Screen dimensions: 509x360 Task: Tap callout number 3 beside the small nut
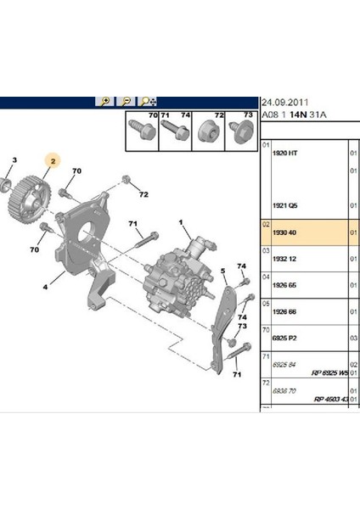(x=13, y=160)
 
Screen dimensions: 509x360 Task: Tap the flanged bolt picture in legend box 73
(x=238, y=132)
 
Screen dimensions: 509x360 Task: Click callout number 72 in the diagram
(x=143, y=195)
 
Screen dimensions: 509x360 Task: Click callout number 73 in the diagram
(x=242, y=325)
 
